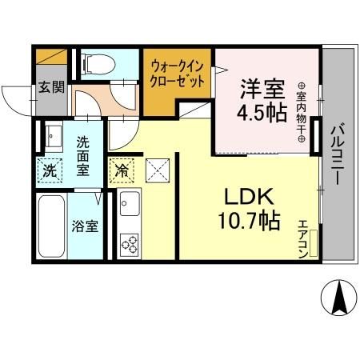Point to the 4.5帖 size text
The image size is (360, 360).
click(260, 113)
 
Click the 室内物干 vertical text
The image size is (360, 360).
click(302, 113)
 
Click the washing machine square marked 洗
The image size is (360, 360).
click(50, 170)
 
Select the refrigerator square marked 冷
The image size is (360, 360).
click(122, 170)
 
